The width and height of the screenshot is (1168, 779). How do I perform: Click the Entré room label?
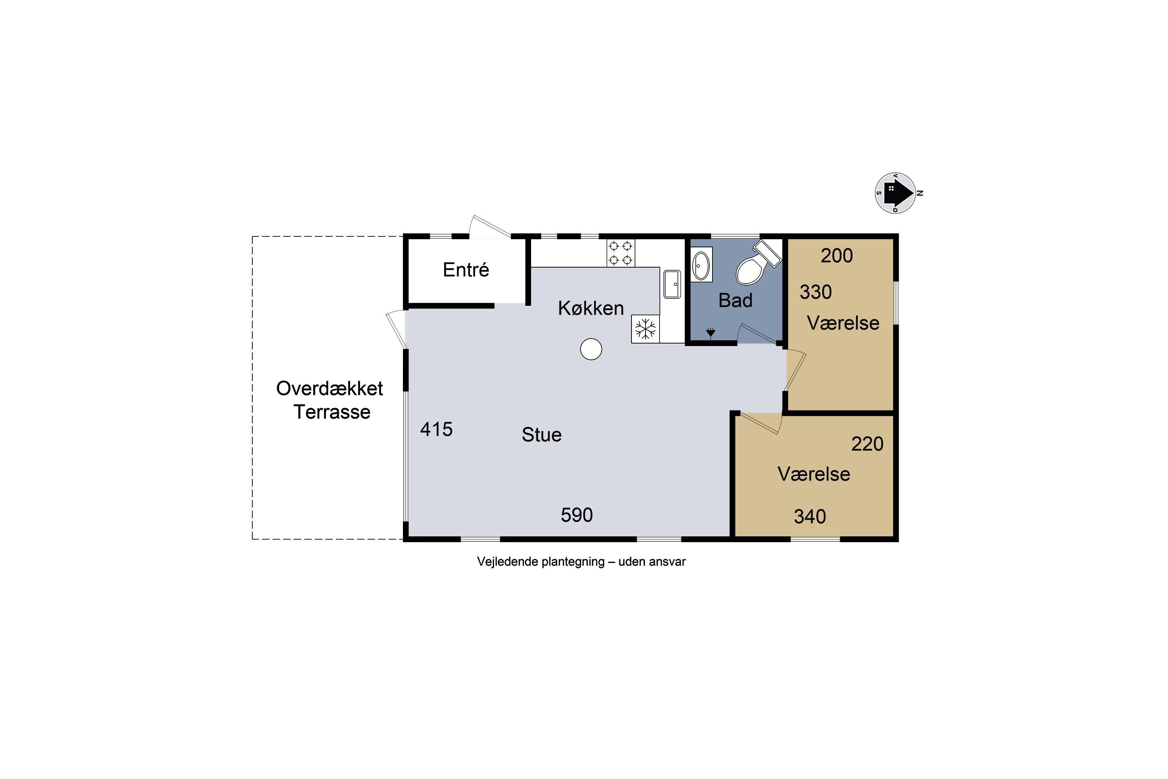pyautogui.click(x=466, y=270)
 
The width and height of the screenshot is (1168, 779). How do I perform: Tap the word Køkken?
pyautogui.click(x=591, y=308)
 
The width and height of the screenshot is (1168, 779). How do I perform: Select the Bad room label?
pyautogui.click(x=735, y=301)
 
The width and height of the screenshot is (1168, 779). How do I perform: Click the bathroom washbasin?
pyautogui.click(x=702, y=264)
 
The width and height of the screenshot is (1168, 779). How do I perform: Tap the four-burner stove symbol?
pyautogui.click(x=621, y=253)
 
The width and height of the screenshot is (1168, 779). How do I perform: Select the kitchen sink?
pyautogui.click(x=672, y=284)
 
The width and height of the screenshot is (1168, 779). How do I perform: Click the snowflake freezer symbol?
pyautogui.click(x=646, y=329)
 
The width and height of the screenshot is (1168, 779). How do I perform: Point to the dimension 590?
pyautogui.click(x=577, y=515)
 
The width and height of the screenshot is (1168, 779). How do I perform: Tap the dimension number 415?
pyautogui.click(x=436, y=429)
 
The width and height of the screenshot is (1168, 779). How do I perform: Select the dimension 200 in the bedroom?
pyautogui.click(x=837, y=256)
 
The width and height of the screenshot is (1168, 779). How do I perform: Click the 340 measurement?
pyautogui.click(x=810, y=517)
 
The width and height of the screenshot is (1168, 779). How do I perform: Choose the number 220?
pyautogui.click(x=867, y=444)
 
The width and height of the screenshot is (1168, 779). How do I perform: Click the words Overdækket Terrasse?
pyautogui.click(x=330, y=400)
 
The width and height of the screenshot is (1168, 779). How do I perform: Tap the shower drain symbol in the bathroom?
pyautogui.click(x=711, y=332)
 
